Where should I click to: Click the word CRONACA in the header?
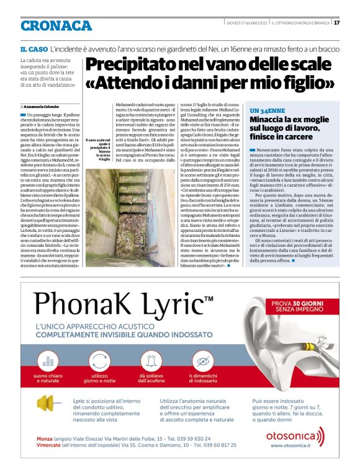click(56, 25)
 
